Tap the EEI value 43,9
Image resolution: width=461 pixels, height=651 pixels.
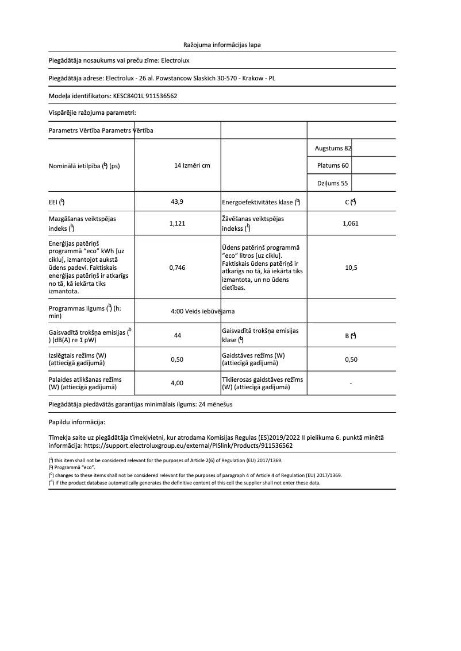tap(178, 201)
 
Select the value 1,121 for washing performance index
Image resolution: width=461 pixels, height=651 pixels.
tap(178, 224)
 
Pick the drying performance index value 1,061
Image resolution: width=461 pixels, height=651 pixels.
tap(351, 224)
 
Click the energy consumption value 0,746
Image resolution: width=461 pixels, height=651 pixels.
tap(178, 268)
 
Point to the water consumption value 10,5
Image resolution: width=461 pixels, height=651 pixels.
tap(351, 268)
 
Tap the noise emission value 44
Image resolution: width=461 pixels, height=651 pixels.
tap(178, 336)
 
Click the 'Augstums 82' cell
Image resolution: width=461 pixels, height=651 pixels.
tap(333, 148)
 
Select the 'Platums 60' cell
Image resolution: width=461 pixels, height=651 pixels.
tap(333, 166)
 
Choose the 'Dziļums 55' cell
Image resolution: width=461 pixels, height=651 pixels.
tap(333, 183)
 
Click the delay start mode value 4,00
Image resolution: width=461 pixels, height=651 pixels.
tap(178, 383)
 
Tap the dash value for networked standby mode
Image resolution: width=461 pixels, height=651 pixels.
tap(351, 383)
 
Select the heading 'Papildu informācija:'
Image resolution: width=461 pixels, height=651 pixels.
tap(76, 422)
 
